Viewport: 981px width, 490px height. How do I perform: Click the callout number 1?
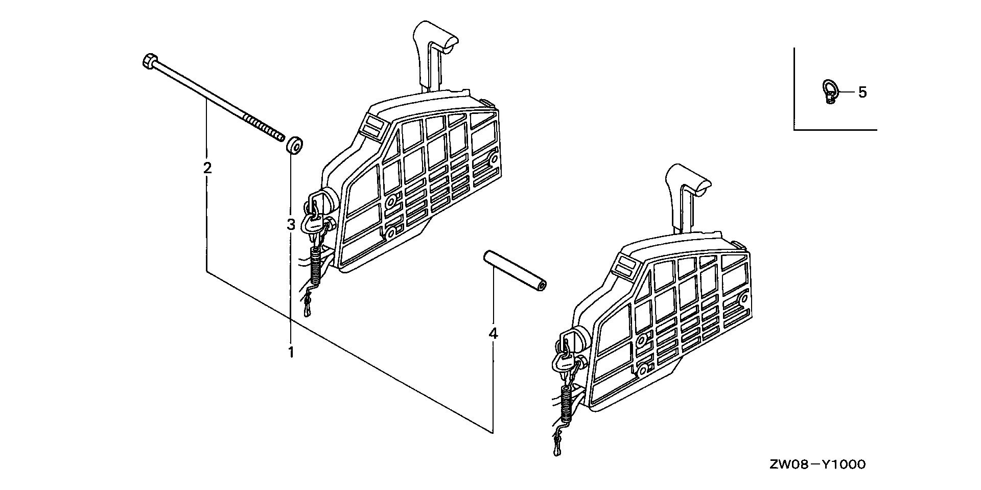click(x=291, y=352)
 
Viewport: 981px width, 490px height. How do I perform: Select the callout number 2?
click(x=207, y=168)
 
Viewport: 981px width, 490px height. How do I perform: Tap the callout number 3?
click(x=291, y=224)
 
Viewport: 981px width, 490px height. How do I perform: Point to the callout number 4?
click(x=493, y=334)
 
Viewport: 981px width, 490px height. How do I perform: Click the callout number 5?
click(x=862, y=92)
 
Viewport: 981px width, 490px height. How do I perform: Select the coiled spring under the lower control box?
click(x=566, y=404)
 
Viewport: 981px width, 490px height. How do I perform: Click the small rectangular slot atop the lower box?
click(x=624, y=266)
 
